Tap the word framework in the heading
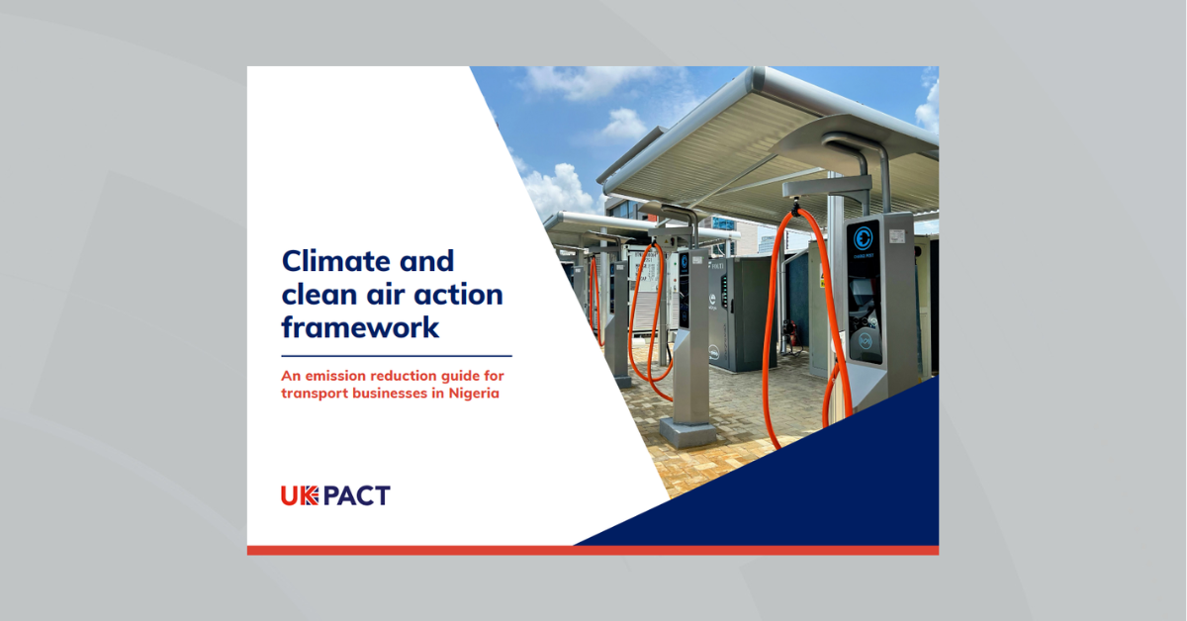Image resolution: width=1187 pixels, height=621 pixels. [x=360, y=327]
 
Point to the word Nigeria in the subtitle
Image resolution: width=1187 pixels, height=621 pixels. [x=474, y=394]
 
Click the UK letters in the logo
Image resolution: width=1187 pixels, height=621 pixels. [x=300, y=496]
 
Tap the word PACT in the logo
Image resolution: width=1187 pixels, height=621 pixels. [x=357, y=496]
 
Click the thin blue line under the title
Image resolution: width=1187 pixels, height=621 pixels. [x=397, y=356]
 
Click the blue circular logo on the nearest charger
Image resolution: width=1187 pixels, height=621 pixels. [x=863, y=238]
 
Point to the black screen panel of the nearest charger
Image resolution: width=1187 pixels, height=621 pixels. [x=864, y=292]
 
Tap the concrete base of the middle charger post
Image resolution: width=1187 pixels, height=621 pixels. [x=687, y=432]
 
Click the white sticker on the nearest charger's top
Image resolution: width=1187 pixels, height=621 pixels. [x=897, y=235]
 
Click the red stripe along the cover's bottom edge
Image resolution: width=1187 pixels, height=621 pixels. [x=593, y=551]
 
